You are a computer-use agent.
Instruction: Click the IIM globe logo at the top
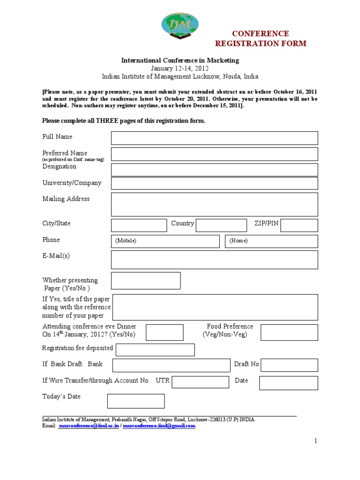coord(180,26)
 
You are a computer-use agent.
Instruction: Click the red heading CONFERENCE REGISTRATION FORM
coord(261,38)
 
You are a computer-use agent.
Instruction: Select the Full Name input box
coord(214,138)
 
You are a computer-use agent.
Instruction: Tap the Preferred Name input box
coord(214,154)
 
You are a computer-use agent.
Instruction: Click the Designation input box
coord(214,170)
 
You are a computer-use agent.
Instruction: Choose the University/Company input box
coord(214,183)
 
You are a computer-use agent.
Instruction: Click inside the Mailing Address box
coord(214,204)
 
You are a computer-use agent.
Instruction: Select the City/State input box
coord(139,225)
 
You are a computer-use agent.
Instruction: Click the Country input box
coord(221,225)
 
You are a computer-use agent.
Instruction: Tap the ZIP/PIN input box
coord(299,225)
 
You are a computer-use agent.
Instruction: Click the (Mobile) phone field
coord(165,241)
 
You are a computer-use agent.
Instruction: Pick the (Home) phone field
coord(271,241)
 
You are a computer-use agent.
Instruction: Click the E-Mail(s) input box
coord(214,260)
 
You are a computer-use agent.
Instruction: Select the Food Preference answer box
coord(289,332)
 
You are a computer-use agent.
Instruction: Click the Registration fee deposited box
coord(155,350)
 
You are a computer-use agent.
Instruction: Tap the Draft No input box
coord(289,365)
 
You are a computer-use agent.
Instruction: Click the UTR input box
coord(200,382)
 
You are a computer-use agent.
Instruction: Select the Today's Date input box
coord(136,401)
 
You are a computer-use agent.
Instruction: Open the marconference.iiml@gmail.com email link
coord(159,426)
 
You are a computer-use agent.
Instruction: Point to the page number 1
coord(316,441)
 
